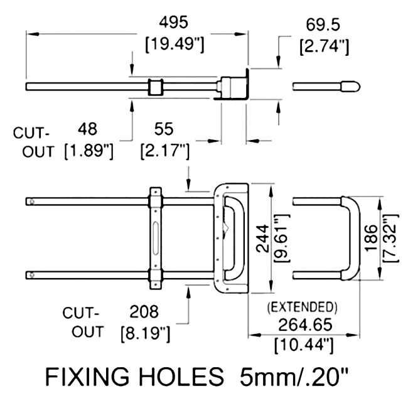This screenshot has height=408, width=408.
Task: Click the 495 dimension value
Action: pos(173,23)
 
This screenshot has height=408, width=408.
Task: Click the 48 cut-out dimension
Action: pos(89,129)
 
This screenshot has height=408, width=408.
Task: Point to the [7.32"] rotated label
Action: pos(392,238)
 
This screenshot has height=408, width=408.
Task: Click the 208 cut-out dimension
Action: pos(144,311)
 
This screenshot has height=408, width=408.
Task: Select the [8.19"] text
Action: pos(144,333)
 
